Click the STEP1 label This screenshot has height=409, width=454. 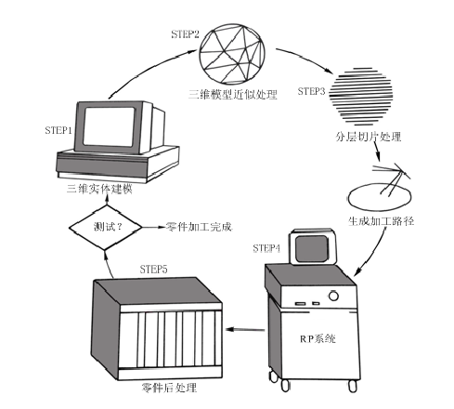click(x=58, y=130)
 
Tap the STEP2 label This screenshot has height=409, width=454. click(x=185, y=33)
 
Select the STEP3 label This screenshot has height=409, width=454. click(x=311, y=91)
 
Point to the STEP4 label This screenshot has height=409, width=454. click(x=266, y=248)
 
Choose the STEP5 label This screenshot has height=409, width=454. click(x=153, y=270)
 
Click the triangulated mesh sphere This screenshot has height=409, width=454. click(x=232, y=53)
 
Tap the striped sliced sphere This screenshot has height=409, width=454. click(x=360, y=97)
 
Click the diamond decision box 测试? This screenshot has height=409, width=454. click(x=105, y=228)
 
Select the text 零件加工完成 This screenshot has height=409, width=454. click(x=199, y=227)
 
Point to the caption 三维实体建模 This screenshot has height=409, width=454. click(x=99, y=189)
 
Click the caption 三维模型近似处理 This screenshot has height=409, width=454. click(x=233, y=94)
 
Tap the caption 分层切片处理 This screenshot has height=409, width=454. click(x=369, y=137)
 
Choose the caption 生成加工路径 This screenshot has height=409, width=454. click(x=381, y=221)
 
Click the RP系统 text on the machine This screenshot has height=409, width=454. click(x=318, y=338)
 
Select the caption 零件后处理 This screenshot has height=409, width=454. click(x=169, y=388)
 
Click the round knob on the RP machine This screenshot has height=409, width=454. click(x=333, y=296)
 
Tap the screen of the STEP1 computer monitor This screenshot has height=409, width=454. click(x=109, y=127)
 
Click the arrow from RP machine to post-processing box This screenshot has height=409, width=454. click(x=245, y=329)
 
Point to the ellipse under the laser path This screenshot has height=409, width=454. click(x=380, y=198)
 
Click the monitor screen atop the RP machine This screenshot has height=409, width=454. click(x=312, y=249)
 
